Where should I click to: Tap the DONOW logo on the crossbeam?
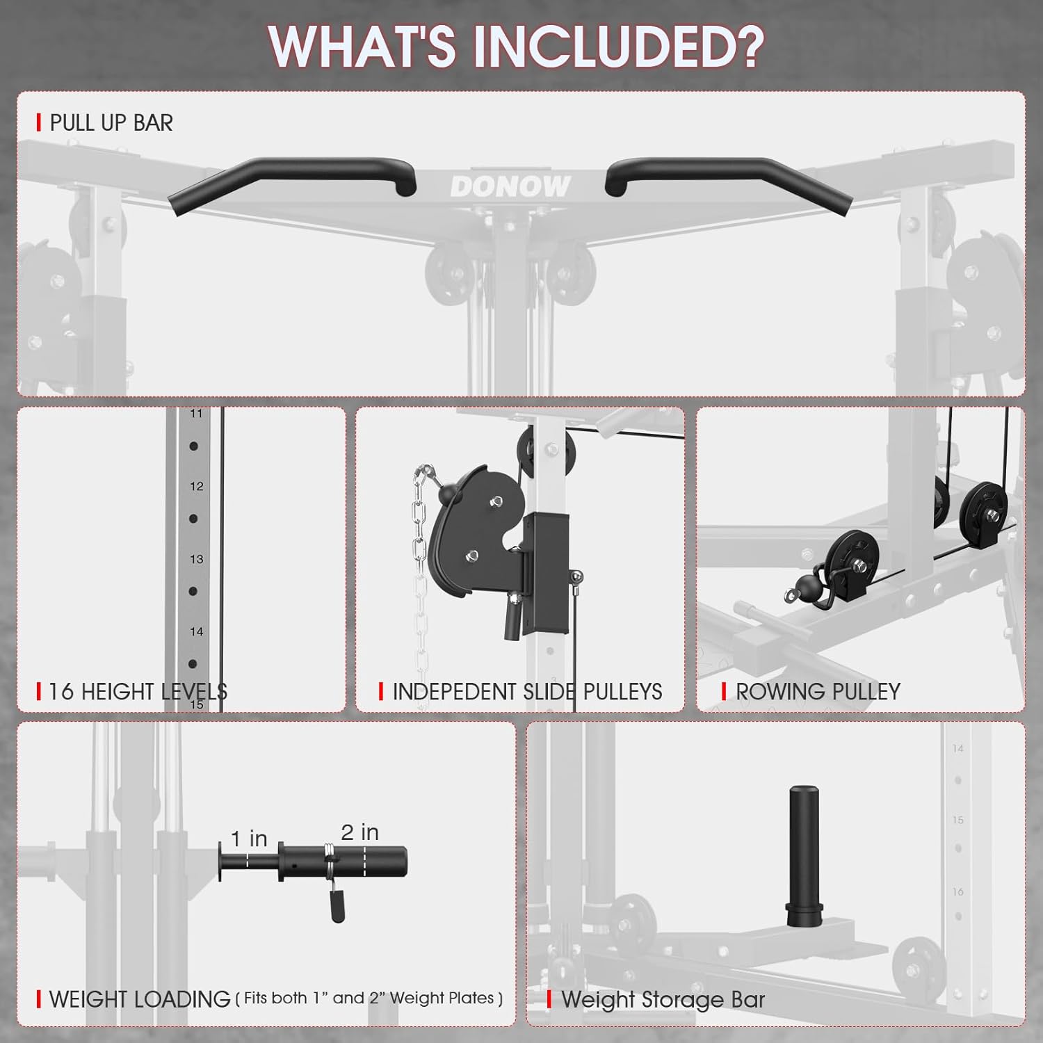(x=510, y=186)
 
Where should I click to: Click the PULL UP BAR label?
(x=111, y=123)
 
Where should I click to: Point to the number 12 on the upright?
(x=197, y=486)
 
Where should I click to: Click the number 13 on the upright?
(x=197, y=559)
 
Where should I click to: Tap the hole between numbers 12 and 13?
(x=193, y=519)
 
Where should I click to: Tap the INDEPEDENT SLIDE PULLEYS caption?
(x=526, y=692)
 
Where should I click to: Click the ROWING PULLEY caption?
(x=818, y=692)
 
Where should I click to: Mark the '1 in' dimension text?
(x=249, y=839)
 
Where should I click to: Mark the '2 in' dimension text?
(x=359, y=832)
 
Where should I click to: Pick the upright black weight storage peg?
(x=804, y=855)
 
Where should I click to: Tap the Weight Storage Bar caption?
(x=662, y=1000)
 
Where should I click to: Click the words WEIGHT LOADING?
(x=139, y=1000)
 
